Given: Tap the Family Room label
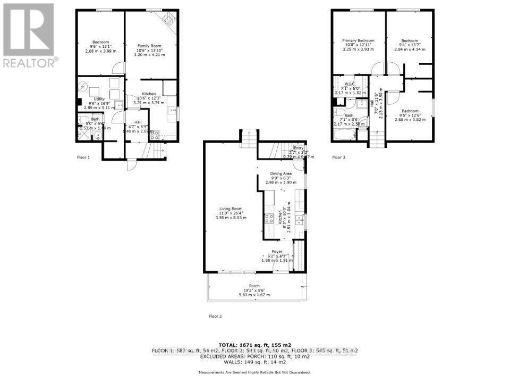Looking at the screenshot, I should click(x=148, y=42).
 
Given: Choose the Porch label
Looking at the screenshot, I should click(x=254, y=286).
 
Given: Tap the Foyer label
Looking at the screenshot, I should click(x=277, y=251).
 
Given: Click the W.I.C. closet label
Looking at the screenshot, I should click(x=349, y=84).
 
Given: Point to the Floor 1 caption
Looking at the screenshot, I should click(x=84, y=157).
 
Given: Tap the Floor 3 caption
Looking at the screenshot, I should click(x=339, y=157).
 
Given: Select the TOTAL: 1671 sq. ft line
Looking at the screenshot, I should click(x=254, y=345).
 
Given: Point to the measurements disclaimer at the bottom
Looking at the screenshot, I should click(x=254, y=372).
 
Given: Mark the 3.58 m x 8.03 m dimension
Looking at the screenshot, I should click(x=231, y=218).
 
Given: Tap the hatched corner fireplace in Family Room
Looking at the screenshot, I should click(x=168, y=19).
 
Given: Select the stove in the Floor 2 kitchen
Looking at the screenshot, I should click(x=268, y=218).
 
